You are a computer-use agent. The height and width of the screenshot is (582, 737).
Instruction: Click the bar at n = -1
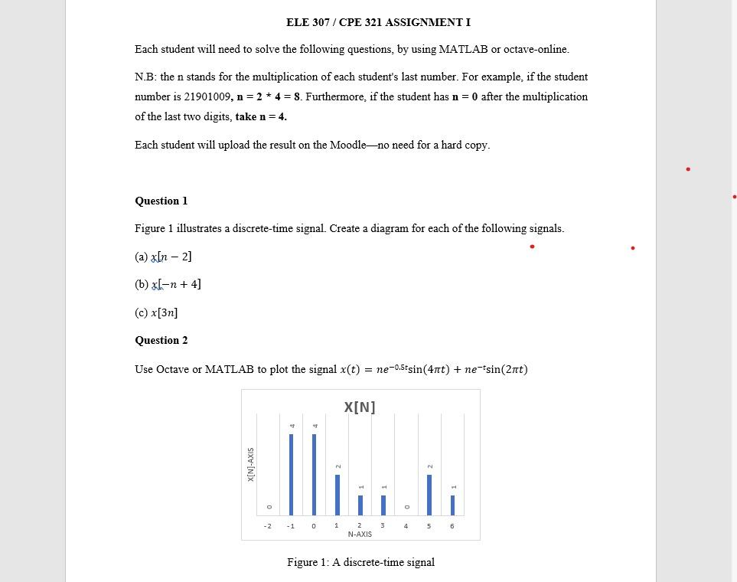coord(291,474)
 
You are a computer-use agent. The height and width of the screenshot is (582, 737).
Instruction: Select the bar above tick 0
coord(314,474)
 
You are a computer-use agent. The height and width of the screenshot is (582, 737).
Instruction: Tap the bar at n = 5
coord(429,495)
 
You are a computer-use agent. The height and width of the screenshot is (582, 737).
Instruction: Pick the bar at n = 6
coord(452,505)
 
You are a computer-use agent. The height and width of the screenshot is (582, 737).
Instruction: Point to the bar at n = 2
coord(360,505)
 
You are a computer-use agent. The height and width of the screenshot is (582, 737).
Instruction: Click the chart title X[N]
coord(360,407)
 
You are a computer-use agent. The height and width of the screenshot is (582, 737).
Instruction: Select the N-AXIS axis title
coord(360,534)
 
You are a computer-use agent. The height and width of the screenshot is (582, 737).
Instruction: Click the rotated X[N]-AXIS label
coord(251,464)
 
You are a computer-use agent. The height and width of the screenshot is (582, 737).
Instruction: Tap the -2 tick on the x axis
coord(267,526)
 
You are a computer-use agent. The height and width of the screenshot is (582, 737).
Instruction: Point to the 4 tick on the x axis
coord(406,526)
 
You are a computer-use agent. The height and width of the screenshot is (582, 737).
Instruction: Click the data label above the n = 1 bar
coord(338,466)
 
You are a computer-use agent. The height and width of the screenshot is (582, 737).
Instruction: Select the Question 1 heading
coord(161,201)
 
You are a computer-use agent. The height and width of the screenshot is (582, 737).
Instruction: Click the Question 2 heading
coord(161,340)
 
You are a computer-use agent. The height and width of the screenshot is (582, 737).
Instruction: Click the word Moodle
coord(347,145)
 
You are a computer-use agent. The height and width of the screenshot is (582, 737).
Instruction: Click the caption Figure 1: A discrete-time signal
coord(360,562)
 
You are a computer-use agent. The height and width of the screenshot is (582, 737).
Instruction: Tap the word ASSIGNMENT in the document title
coord(424,22)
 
